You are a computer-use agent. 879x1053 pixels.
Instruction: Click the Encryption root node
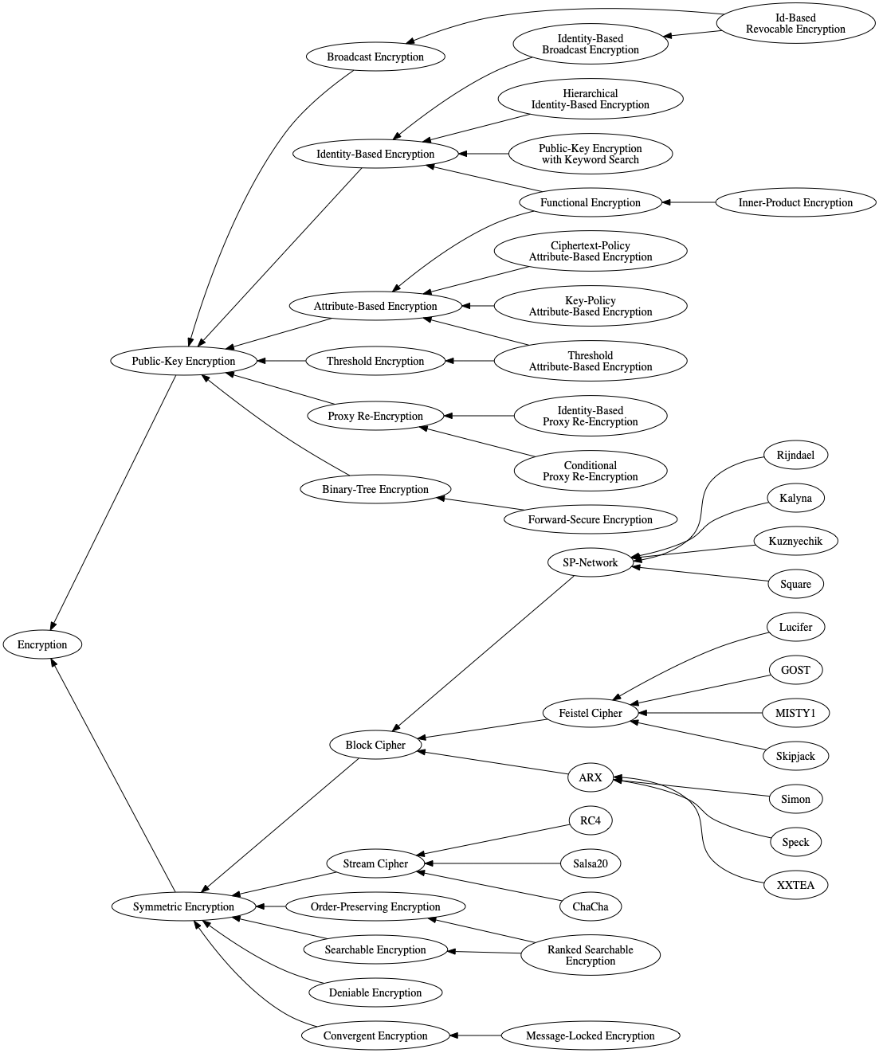pyautogui.click(x=42, y=644)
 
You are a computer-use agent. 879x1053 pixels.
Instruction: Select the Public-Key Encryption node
pyautogui.click(x=183, y=361)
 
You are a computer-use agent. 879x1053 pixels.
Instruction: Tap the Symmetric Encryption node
pyautogui.click(x=183, y=906)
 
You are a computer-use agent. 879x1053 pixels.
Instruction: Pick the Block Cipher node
pyautogui.click(x=375, y=745)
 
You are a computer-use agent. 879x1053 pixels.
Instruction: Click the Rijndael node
pyautogui.click(x=795, y=455)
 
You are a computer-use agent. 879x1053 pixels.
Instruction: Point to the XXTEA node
pyautogui.click(x=795, y=885)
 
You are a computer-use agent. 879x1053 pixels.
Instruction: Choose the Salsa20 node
pyautogui.click(x=591, y=863)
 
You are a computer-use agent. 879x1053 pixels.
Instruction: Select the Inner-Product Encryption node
pyautogui.click(x=795, y=202)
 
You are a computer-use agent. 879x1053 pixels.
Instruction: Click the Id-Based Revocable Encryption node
pyautogui.click(x=795, y=23)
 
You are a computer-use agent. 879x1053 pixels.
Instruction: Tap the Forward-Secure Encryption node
pyautogui.click(x=591, y=519)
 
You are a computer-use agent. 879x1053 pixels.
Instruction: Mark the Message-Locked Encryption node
pyautogui.click(x=591, y=1035)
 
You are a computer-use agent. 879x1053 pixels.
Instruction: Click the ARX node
pyautogui.click(x=591, y=777)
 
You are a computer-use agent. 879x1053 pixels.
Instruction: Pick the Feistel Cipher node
pyautogui.click(x=591, y=713)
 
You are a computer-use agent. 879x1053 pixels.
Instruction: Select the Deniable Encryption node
pyautogui.click(x=375, y=992)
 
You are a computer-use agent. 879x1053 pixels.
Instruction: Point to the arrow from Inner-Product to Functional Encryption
pyautogui.click(x=689, y=202)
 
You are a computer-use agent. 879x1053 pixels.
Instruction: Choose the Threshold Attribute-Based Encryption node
pyautogui.click(x=591, y=361)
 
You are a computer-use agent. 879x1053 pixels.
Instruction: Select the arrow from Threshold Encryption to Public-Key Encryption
pyautogui.click(x=282, y=361)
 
